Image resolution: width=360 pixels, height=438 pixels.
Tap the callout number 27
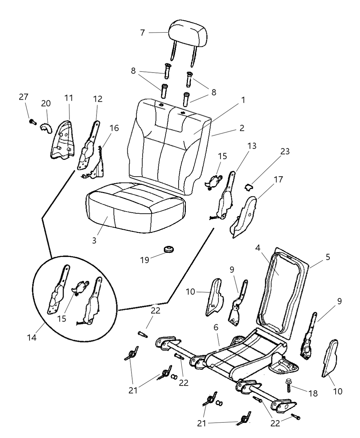tap(24, 97)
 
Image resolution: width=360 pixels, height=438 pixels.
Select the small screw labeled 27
tap(33, 122)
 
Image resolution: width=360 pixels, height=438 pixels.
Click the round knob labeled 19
tap(168, 248)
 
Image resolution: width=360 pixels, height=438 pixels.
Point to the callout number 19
tap(145, 260)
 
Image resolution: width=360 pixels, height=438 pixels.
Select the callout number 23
tap(285, 151)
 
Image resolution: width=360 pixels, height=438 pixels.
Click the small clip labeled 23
tap(248, 187)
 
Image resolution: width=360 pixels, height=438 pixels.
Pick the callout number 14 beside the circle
tap(31, 337)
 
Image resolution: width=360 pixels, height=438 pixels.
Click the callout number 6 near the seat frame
tap(216, 328)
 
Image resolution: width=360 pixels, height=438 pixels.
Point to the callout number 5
tap(328, 257)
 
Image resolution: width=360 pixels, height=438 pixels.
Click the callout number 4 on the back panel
tap(258, 247)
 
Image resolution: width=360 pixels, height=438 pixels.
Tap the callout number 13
tap(251, 146)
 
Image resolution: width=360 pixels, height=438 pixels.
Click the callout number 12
tap(98, 99)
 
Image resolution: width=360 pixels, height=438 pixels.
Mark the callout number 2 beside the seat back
tap(242, 128)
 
